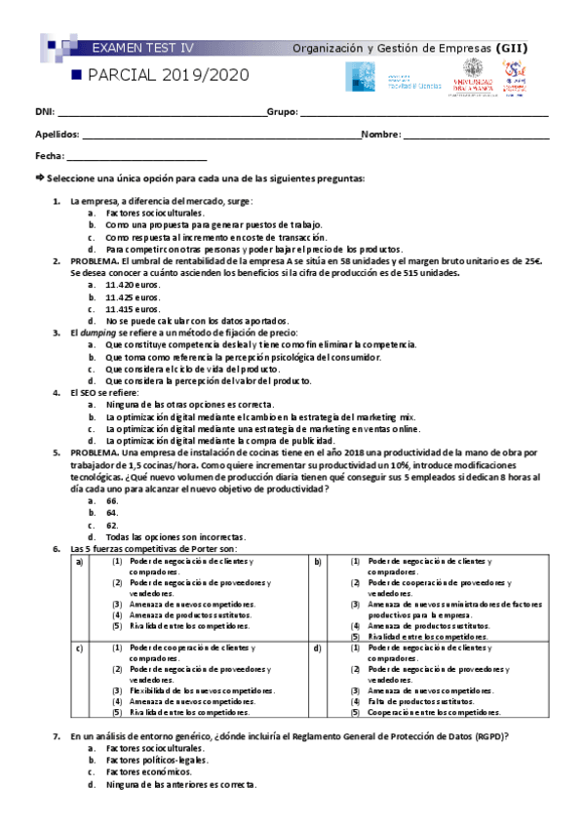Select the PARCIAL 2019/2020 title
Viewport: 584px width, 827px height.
167,75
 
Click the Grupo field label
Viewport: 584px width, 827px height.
282,113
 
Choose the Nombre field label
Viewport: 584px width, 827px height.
381,135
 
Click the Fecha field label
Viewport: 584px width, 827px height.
49,156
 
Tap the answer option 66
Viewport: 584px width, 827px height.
112,500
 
